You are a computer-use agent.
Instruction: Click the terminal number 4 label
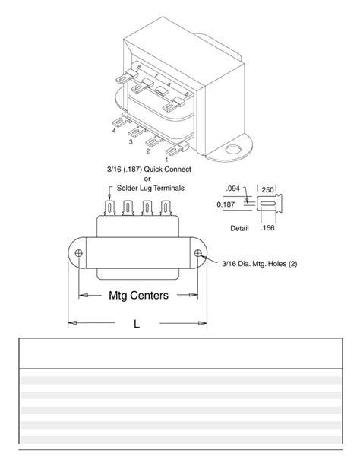click(x=113, y=131)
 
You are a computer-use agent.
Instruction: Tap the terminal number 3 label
click(x=131, y=141)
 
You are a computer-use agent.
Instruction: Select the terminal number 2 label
click(x=149, y=151)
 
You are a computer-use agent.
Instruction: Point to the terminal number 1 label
click(x=166, y=160)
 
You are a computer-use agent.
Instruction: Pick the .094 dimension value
click(x=234, y=188)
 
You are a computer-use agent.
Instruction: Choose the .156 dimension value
click(x=267, y=227)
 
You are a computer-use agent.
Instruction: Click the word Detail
click(x=241, y=227)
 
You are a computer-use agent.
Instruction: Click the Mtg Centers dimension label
click(x=137, y=296)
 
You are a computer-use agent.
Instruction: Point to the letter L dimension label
click(x=137, y=324)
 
